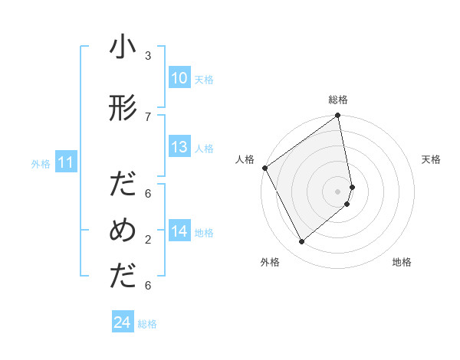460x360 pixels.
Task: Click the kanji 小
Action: click(123, 49)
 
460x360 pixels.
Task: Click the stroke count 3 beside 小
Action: click(148, 55)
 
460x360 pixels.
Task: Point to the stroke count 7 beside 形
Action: click(148, 116)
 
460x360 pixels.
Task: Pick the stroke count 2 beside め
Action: click(148, 240)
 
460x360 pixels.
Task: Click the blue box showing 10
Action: click(179, 78)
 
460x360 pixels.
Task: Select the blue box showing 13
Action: click(179, 147)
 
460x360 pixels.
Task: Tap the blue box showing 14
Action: click(179, 231)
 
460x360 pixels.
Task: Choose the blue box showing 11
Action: click(65, 162)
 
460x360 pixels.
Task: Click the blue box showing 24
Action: click(122, 322)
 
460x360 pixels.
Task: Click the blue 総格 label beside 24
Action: click(147, 324)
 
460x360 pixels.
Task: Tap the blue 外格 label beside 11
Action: click(41, 163)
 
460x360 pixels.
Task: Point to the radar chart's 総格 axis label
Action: click(338, 100)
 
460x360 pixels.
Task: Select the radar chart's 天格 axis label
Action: click(432, 159)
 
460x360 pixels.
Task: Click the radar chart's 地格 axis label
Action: click(402, 262)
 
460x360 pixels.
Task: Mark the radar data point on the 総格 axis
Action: click(338, 116)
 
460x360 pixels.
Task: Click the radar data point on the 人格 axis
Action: click(264, 168)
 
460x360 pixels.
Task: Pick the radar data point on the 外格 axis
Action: click(301, 242)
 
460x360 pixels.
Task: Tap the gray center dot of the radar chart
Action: click(338, 191)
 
